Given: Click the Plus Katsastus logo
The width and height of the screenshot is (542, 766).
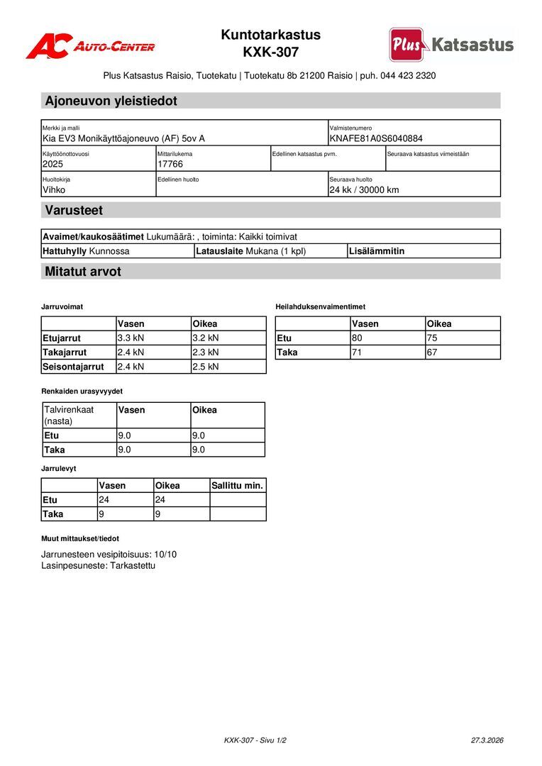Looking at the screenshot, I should (450, 45).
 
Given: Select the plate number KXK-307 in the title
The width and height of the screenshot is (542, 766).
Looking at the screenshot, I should (270, 52).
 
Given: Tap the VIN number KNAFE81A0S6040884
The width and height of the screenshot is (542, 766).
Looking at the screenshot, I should (376, 138).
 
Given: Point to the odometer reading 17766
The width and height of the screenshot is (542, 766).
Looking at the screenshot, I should (170, 164).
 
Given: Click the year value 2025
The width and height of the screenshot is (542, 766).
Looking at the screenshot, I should (53, 164).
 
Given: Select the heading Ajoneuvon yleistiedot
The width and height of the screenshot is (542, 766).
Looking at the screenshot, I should (111, 101).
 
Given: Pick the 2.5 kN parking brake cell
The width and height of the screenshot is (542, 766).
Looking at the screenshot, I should (206, 367).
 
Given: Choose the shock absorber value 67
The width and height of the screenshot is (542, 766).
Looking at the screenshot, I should (431, 352).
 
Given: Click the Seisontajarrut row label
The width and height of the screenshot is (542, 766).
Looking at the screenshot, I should (73, 367).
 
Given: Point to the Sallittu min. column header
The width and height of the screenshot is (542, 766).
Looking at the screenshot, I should (238, 486).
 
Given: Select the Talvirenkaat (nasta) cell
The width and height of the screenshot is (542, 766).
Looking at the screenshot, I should (69, 415).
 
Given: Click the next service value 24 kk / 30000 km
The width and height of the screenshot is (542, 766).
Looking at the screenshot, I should (364, 189).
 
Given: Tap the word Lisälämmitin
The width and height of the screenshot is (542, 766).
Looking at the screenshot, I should (377, 251).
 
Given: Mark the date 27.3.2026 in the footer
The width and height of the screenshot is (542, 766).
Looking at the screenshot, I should (487, 740).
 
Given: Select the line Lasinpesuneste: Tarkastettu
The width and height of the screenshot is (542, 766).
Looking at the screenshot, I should (98, 565).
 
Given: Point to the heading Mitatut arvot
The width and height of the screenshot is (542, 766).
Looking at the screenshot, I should (83, 271).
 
